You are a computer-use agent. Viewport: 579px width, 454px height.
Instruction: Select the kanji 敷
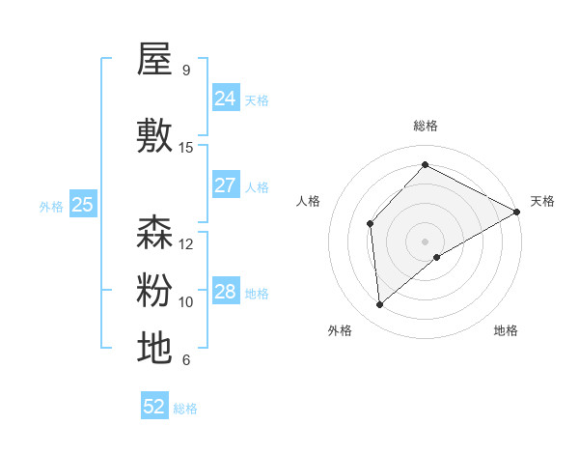point(154,136)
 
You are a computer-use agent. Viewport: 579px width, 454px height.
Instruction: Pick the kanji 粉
point(154,290)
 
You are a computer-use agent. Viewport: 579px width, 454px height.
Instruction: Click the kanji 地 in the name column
point(154,348)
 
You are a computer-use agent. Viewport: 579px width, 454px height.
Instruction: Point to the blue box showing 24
point(225,99)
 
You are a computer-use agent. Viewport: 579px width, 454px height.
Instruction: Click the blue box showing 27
point(225,185)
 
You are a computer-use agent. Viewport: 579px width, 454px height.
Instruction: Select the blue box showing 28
point(225,292)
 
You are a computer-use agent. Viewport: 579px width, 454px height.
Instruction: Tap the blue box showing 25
point(83,205)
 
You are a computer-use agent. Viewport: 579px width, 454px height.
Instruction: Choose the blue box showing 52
point(154,407)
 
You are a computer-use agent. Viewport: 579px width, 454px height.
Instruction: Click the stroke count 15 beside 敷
point(186,148)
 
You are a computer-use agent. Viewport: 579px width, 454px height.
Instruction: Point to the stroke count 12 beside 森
point(186,244)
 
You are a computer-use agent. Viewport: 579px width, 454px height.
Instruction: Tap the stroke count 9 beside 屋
point(185,71)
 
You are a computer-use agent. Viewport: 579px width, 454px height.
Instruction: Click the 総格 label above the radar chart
point(426,126)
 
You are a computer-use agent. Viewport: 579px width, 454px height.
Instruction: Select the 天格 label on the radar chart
point(542,201)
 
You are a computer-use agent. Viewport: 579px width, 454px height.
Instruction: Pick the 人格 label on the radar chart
point(309,201)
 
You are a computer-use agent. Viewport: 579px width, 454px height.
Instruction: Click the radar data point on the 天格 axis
point(518,212)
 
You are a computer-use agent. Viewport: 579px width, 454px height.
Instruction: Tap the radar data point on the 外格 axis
point(380,305)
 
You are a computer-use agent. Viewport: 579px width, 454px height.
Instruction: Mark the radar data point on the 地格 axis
point(438,257)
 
